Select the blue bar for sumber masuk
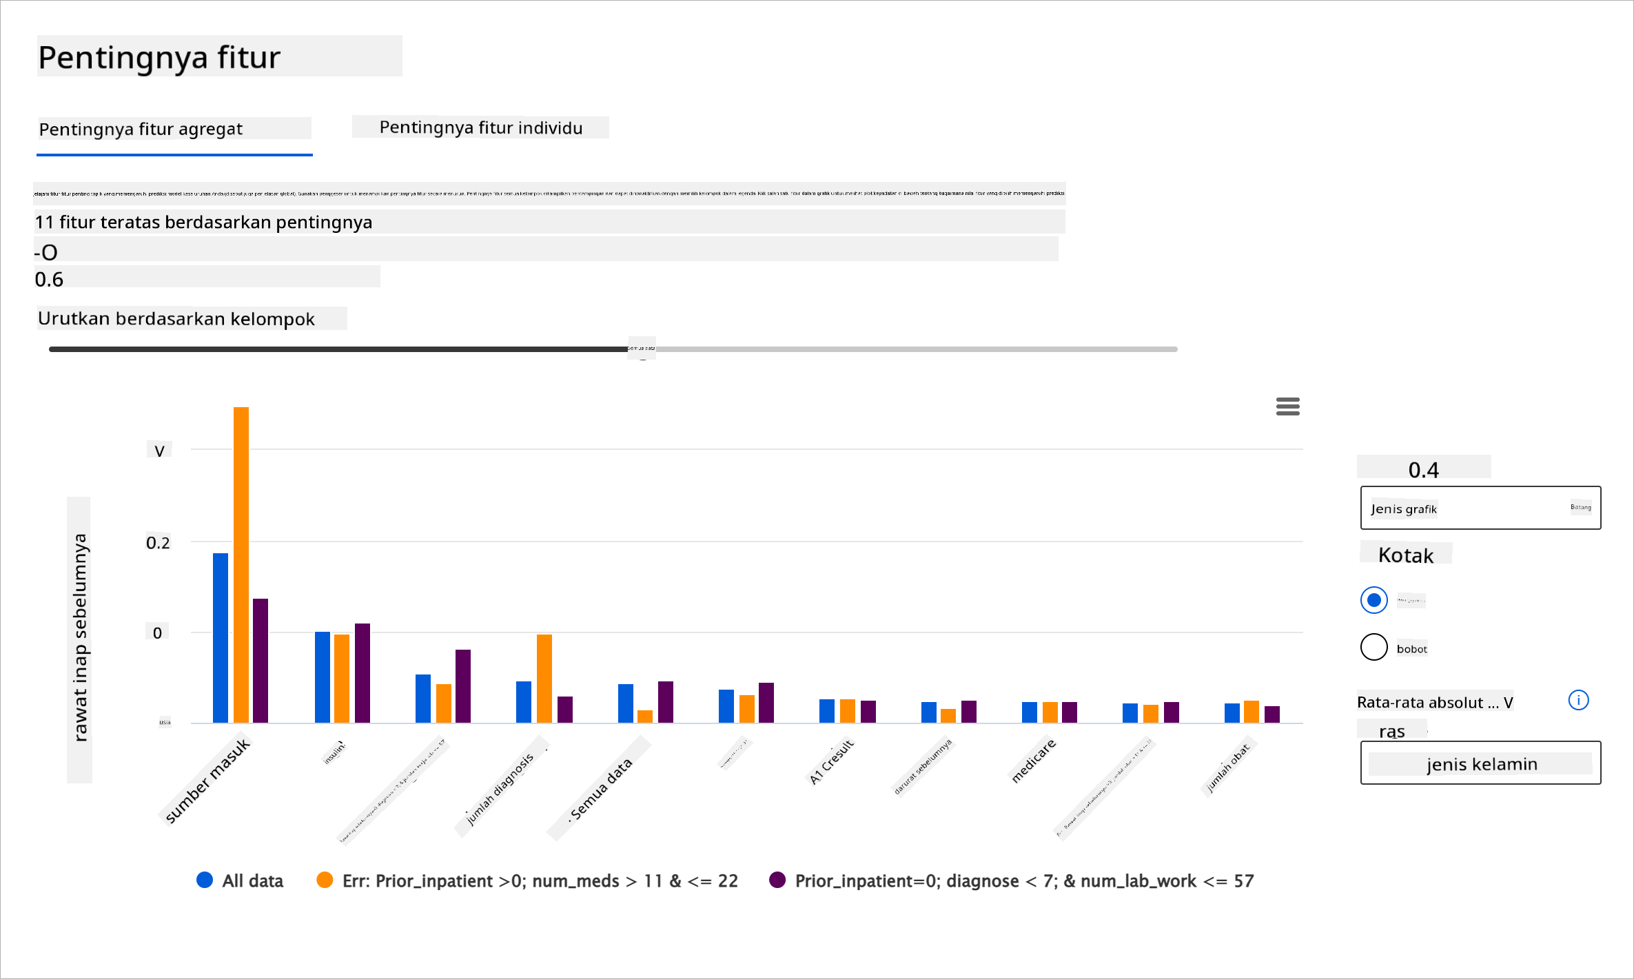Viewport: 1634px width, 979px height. click(x=221, y=637)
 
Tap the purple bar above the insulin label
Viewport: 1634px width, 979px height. click(x=362, y=672)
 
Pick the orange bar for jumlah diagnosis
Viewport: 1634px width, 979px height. click(x=544, y=678)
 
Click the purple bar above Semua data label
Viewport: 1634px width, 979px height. click(x=666, y=701)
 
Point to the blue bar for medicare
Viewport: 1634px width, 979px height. click(x=1030, y=712)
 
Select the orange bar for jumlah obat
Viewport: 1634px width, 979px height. click(x=1252, y=711)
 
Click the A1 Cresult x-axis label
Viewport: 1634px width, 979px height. click(x=832, y=761)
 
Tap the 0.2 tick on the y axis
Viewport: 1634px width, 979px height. click(x=158, y=543)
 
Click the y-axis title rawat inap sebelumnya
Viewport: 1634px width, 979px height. click(x=80, y=638)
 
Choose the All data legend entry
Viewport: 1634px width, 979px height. click(x=240, y=880)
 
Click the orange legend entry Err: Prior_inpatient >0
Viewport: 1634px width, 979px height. click(x=527, y=880)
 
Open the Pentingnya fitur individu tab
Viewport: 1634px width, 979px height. click(x=480, y=127)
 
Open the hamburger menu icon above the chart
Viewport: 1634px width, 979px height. click(x=1287, y=406)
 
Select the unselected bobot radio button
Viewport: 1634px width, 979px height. click(x=1373, y=647)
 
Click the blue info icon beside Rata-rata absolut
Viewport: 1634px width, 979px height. click(x=1578, y=700)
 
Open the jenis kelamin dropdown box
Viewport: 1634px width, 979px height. click(x=1480, y=763)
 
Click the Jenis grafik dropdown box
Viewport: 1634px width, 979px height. click(x=1480, y=508)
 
